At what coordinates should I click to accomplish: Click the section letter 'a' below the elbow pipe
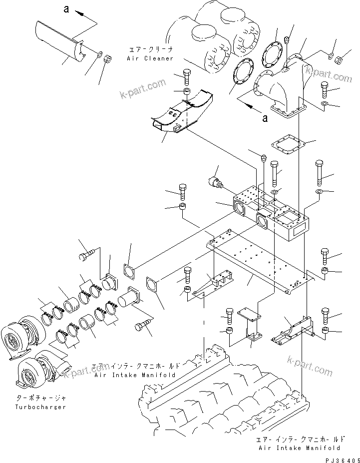pos(265,118)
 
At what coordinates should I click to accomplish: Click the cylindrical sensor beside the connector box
pos(216,182)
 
